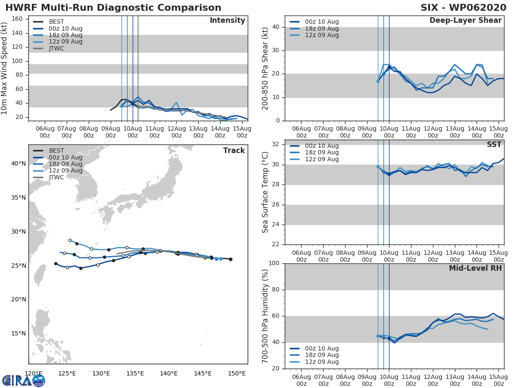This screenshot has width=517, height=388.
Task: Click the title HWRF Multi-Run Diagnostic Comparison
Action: click(113, 8)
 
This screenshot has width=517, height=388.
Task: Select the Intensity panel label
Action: click(227, 21)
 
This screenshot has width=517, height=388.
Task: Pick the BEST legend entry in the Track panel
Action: click(56, 151)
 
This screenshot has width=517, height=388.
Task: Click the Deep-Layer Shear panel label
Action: click(465, 21)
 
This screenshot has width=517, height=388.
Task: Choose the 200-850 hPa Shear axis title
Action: click(265, 68)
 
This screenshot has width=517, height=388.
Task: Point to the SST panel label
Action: click(494, 145)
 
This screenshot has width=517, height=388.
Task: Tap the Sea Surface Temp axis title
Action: click(265, 192)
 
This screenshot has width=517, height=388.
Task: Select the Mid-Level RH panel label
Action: click(475, 268)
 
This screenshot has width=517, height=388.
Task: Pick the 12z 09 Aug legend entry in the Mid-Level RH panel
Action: click(321, 362)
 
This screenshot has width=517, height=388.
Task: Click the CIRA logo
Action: click(24, 380)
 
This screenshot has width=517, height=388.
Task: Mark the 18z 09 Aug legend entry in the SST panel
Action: click(321, 153)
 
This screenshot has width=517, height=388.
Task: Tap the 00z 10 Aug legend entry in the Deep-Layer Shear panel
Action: click(321, 22)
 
